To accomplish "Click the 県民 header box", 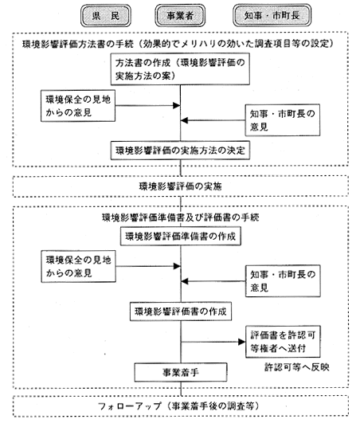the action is click(x=106, y=16).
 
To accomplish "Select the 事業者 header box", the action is click(x=180, y=16).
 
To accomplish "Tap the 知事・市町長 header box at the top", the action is click(x=272, y=15).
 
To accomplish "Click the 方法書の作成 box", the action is click(x=180, y=69).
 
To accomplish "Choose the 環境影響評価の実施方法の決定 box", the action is click(x=180, y=151).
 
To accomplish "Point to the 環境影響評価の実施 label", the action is click(x=181, y=186).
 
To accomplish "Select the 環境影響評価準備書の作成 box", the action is click(x=181, y=237).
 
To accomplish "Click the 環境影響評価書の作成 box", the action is click(x=181, y=311).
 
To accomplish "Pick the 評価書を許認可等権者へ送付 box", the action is click(x=283, y=342).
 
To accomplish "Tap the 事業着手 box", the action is click(x=181, y=373).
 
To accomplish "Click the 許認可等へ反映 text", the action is click(x=297, y=367).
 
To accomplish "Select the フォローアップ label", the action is click(x=130, y=406).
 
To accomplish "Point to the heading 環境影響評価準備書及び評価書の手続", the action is click(x=181, y=217).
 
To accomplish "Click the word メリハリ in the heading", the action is click(x=199, y=44).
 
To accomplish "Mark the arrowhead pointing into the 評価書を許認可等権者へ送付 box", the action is click(x=242, y=342).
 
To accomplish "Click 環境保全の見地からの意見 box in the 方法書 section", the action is click(x=78, y=106).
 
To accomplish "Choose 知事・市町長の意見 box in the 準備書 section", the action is click(x=283, y=281).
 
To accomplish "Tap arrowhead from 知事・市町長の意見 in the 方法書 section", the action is click(x=184, y=120).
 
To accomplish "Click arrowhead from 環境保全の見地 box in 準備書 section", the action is click(x=177, y=266).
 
